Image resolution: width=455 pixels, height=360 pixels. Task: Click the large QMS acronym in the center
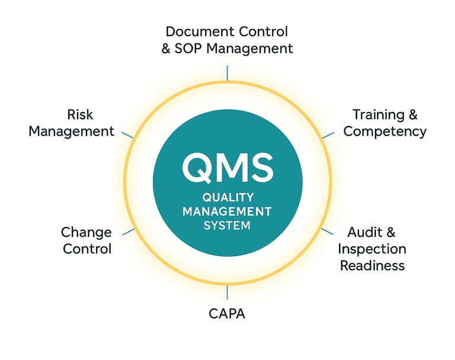tap(227, 168)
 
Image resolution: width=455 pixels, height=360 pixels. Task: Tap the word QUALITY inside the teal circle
tap(227, 198)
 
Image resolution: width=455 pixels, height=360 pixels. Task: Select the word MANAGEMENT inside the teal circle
tap(227, 211)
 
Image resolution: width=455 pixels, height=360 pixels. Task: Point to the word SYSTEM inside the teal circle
tap(227, 226)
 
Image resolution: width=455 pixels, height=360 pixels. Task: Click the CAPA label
tap(227, 313)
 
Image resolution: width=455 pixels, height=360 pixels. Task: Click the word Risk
tap(80, 114)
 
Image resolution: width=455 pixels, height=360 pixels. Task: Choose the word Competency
tap(385, 131)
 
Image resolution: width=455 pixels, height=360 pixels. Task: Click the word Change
tap(86, 232)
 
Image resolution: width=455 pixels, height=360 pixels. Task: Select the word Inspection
tap(372, 248)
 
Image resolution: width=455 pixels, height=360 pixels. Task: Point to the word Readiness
tap(372, 265)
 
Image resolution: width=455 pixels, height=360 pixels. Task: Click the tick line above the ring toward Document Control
tap(227, 73)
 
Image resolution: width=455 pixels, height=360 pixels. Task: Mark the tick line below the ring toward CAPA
tap(227, 292)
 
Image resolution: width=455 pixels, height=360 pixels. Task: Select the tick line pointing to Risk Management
tap(128, 134)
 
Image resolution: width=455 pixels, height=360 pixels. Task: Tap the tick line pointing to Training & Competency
tap(327, 134)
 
